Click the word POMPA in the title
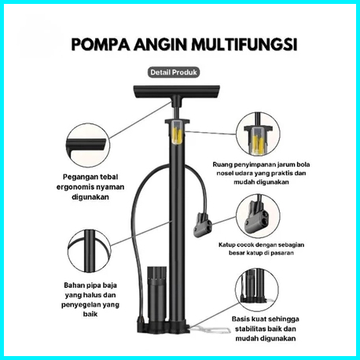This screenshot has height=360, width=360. point(101,45)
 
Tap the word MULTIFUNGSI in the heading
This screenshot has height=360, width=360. point(244,45)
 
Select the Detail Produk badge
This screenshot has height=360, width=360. point(174,72)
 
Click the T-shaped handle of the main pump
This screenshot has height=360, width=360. point(177,94)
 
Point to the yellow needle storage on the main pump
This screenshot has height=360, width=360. point(177,134)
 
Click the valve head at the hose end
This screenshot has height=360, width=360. point(203,225)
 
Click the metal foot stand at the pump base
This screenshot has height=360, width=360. point(210,329)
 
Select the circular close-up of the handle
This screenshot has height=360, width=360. point(88,145)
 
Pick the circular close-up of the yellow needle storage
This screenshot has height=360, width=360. point(258,134)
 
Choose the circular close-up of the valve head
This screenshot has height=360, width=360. point(258,216)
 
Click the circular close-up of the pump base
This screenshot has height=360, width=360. point(257,290)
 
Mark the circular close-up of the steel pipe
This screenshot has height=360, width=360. point(89,251)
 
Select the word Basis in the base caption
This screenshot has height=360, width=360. point(241,319)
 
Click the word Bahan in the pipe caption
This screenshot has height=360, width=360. point(74,285)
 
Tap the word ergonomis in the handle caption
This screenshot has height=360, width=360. point(75,187)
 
